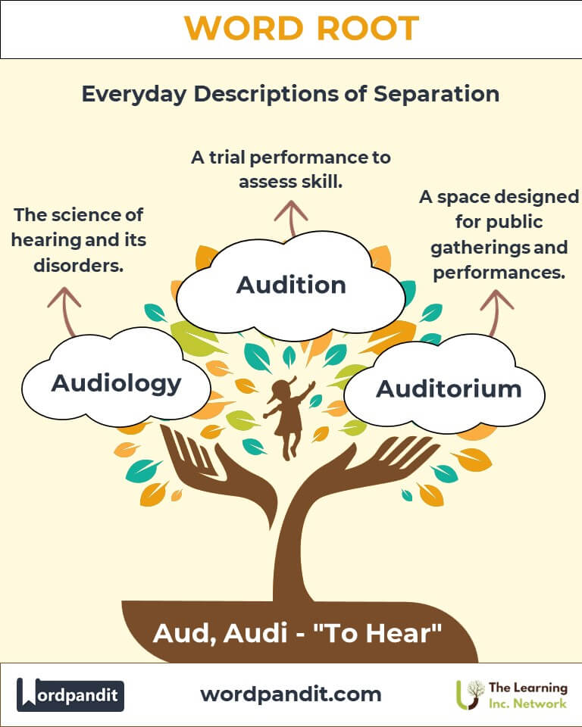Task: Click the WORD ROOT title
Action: pos(301,29)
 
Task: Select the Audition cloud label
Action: pos(291,285)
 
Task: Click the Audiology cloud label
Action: pos(116,383)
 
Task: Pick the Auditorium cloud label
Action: pos(449,388)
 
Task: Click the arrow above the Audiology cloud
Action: pos(64,306)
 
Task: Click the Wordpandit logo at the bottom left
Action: pos(70,694)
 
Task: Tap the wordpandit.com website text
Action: pos(291,694)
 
